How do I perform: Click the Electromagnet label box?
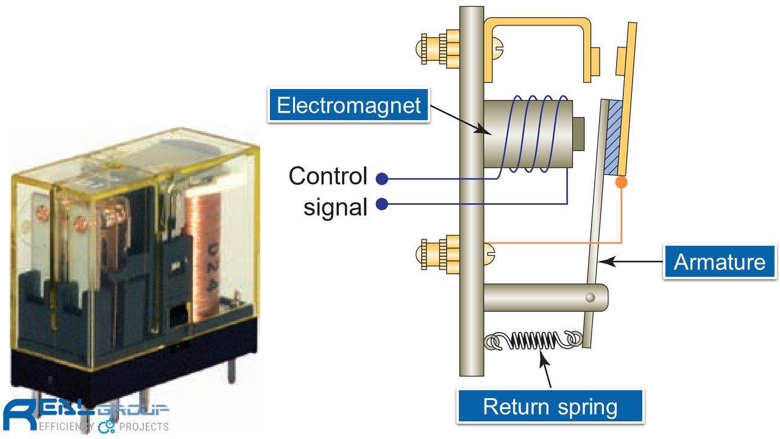pos(349,105)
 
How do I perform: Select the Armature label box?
pos(719,262)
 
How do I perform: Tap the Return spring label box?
pos(550,406)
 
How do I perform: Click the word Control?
pos(328,176)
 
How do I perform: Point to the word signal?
pos(336,207)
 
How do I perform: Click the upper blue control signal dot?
pos(382,179)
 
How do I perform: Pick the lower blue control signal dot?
pos(382,204)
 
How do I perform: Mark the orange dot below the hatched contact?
pos(621,182)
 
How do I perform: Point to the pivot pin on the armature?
pos(589,297)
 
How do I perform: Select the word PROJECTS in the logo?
pos(144,426)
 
